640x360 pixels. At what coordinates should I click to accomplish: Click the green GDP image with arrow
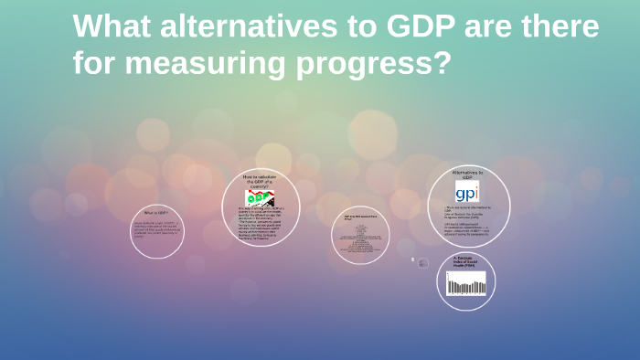(259, 197)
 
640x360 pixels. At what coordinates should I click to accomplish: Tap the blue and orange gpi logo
(467, 192)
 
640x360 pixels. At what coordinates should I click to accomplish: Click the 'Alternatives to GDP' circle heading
(467, 174)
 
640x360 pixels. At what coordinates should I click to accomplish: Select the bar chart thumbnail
(466, 283)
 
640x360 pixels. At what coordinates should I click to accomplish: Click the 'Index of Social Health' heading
(466, 261)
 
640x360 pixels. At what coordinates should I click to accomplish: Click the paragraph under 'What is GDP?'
(156, 229)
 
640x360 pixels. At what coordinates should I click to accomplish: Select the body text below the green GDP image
(260, 225)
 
